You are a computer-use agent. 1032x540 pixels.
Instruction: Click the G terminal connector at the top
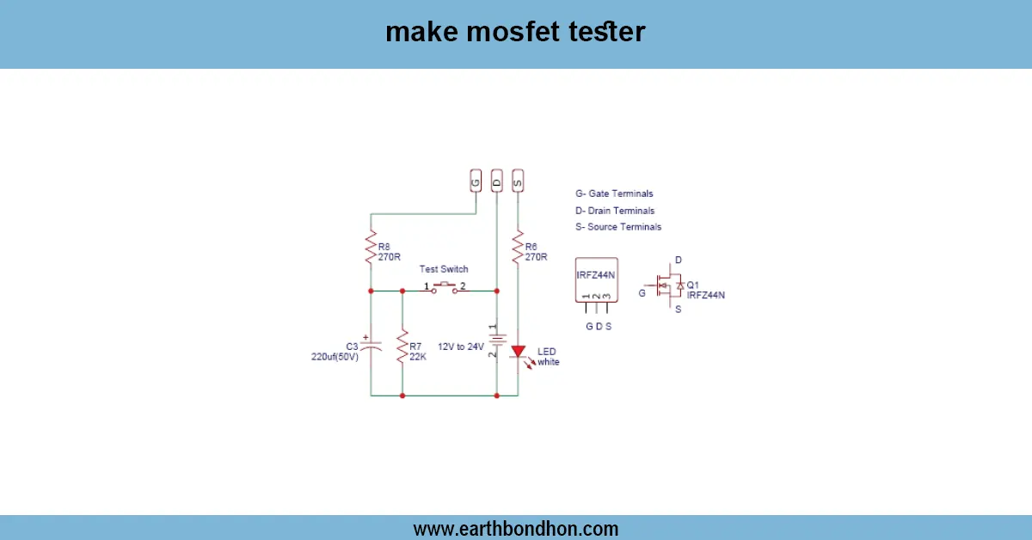[476, 181]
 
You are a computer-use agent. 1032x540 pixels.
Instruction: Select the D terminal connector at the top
[496, 181]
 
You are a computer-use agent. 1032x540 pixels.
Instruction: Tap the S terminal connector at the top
[517, 181]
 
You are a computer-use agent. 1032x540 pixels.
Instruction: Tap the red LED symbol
[518, 352]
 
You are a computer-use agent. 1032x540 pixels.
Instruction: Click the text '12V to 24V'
[461, 346]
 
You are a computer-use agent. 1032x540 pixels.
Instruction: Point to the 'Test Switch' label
[444, 269]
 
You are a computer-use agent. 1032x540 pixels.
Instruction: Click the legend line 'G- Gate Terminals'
[614, 194]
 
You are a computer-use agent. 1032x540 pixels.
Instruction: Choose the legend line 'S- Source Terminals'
[618, 227]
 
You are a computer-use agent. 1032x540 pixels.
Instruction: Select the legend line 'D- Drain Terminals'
[615, 211]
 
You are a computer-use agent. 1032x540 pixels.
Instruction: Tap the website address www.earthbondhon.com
[516, 529]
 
